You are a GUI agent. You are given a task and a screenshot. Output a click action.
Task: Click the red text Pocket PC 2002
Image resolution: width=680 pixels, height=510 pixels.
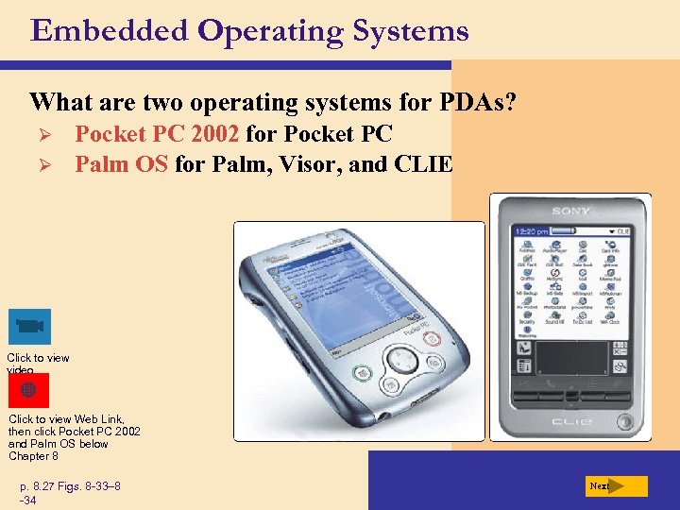pyautogui.click(x=157, y=134)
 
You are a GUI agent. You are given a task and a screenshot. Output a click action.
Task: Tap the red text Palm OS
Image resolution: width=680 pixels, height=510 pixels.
pyautogui.click(x=122, y=164)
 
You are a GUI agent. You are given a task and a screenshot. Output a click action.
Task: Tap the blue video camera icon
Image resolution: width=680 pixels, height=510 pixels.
pyautogui.click(x=28, y=327)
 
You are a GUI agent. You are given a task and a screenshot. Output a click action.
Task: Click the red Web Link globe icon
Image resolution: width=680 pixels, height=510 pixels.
pyautogui.click(x=28, y=390)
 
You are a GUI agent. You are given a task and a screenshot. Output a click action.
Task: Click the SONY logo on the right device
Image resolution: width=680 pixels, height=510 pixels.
pyautogui.click(x=571, y=212)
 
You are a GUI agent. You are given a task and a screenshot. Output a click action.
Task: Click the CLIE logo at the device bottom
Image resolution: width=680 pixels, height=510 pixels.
pyautogui.click(x=570, y=420)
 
